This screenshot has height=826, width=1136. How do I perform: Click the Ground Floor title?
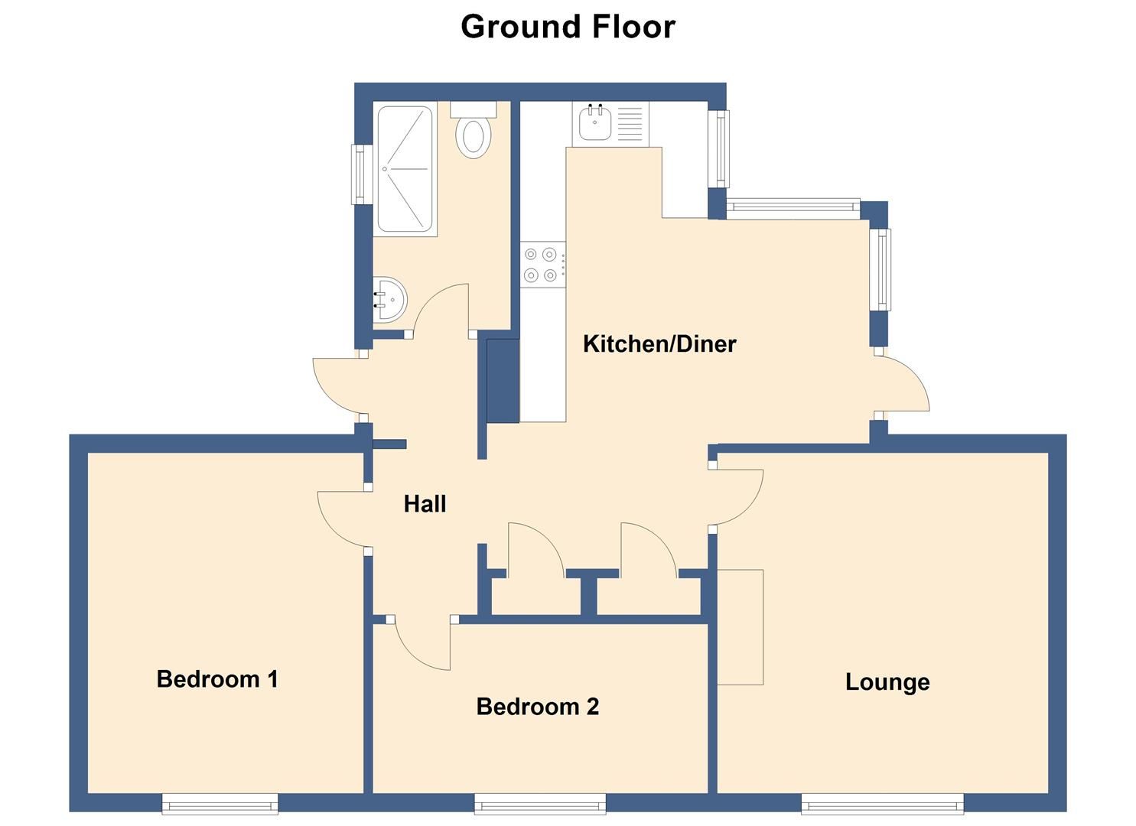tap(568, 26)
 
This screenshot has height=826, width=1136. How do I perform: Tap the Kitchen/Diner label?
tap(659, 344)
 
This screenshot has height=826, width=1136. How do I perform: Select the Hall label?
tap(425, 504)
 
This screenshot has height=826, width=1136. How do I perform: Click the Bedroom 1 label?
tap(217, 679)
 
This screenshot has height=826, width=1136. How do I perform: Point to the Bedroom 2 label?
tap(538, 707)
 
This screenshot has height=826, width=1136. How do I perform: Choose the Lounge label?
tap(887, 682)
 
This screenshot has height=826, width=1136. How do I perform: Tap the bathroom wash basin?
tap(390, 299)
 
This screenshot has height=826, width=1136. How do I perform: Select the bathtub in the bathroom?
tap(405, 169)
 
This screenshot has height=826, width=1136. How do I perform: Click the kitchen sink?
tap(610, 124)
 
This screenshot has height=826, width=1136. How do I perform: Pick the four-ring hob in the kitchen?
tap(542, 265)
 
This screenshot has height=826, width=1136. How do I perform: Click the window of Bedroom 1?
tap(220, 804)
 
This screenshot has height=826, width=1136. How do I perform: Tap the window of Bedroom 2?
tap(540, 804)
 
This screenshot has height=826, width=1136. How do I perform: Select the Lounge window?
tap(883, 804)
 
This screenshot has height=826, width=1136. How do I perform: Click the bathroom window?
tap(362, 174)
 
